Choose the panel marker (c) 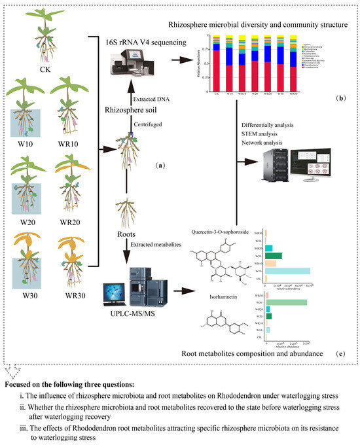[339, 354]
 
